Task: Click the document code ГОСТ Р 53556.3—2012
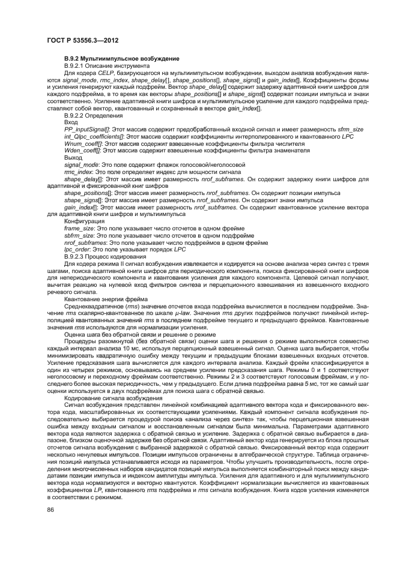coord(82,40)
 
